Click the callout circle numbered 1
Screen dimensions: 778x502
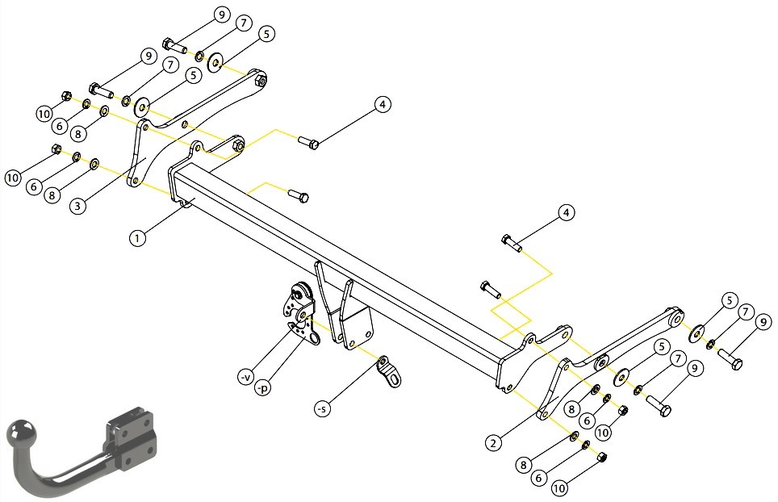(x=137, y=238)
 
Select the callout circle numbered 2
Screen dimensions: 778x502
(x=492, y=442)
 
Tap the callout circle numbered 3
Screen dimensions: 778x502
(x=77, y=206)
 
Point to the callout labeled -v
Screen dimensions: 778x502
(x=246, y=378)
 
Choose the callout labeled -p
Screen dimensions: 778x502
(x=262, y=388)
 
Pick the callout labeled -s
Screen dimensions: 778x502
(x=323, y=408)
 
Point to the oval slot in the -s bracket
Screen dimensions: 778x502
(x=395, y=380)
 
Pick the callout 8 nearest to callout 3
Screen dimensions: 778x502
(x=52, y=195)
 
